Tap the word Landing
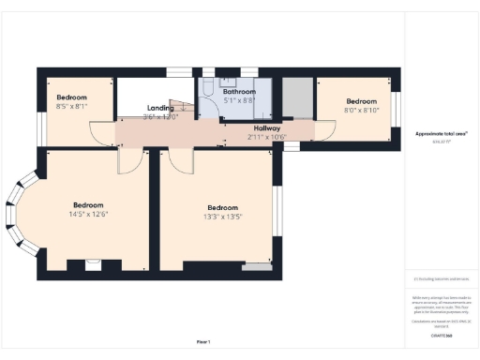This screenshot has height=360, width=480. point(160,108)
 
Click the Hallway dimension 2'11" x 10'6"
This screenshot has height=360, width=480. point(266,137)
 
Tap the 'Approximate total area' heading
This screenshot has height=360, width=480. point(442,134)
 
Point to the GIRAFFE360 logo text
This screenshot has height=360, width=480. point(442,335)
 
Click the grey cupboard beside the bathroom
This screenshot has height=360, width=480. point(297,97)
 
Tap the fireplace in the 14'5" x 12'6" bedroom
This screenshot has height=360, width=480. point(92,264)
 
